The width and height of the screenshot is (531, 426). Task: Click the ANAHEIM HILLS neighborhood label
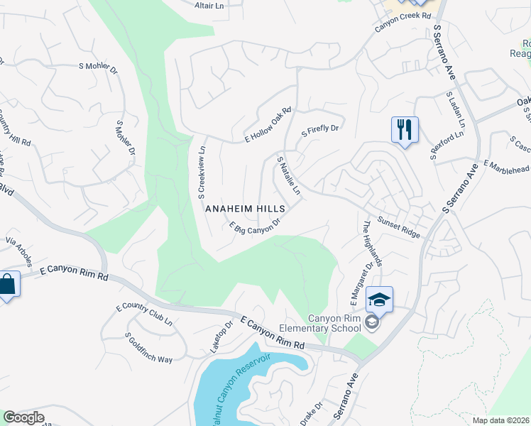[245, 209]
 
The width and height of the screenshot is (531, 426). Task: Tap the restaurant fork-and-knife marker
[405, 131]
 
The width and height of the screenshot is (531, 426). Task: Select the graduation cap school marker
[379, 300]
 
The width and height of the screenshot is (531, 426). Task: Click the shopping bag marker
[7, 285]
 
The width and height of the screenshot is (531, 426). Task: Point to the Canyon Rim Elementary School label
[334, 323]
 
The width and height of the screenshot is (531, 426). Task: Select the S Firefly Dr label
[321, 130]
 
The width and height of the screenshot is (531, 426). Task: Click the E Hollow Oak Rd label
[268, 124]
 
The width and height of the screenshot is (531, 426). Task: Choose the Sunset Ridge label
[399, 228]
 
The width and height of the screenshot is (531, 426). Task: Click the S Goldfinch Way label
[148, 349]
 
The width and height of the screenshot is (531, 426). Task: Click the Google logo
[23, 417]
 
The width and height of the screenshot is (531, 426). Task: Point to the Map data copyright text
[501, 420]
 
